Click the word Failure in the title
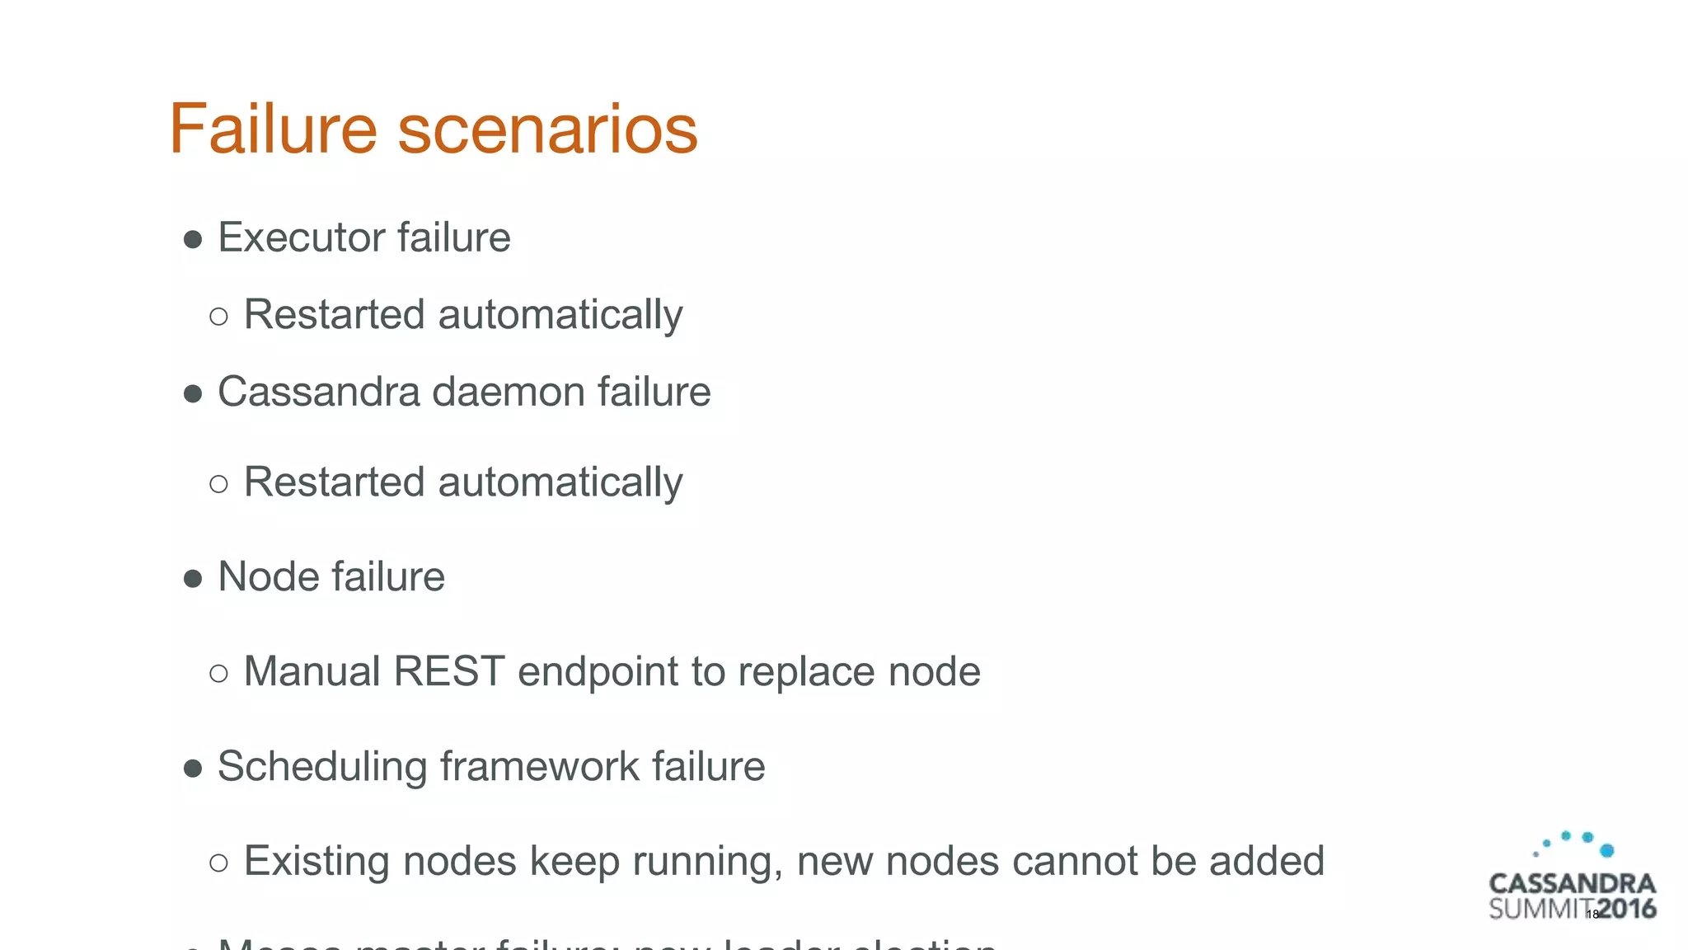click(273, 129)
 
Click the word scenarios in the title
click(548, 130)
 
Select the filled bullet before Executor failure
click(193, 240)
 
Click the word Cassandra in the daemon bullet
click(319, 391)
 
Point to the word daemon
click(509, 391)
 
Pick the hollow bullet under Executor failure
click(218, 316)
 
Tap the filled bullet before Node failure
click(193, 579)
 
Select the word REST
click(448, 670)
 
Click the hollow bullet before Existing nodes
click(218, 863)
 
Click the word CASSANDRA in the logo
click(1572, 884)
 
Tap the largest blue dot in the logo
click(1606, 850)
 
